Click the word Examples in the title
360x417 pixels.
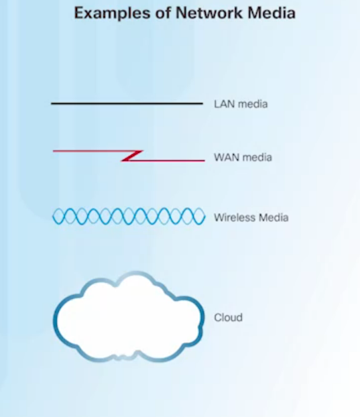click(x=112, y=13)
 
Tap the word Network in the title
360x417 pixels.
click(x=210, y=13)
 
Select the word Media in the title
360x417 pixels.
click(x=272, y=13)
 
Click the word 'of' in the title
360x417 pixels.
click(x=163, y=13)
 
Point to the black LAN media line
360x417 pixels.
click(x=127, y=103)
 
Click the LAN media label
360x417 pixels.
click(x=241, y=104)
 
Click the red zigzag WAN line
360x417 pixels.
click(x=129, y=156)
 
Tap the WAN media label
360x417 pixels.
click(x=243, y=158)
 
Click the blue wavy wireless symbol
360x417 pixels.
click(x=129, y=217)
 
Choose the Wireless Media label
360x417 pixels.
click(x=251, y=217)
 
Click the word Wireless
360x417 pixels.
click(x=235, y=217)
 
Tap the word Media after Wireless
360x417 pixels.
click(x=274, y=217)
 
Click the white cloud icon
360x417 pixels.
click(x=129, y=317)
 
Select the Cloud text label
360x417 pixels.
click(x=228, y=318)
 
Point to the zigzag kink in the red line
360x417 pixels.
click(x=132, y=156)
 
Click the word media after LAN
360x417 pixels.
click(x=253, y=104)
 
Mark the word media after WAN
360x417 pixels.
click(x=257, y=158)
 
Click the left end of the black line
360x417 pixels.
click(x=52, y=103)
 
